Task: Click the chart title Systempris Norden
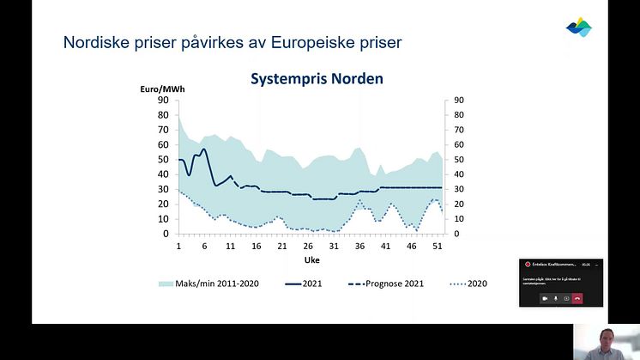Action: [317, 78]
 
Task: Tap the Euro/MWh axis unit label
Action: [163, 89]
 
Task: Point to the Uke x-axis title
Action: [311, 259]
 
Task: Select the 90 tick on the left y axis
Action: [162, 100]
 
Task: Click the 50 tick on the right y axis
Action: [459, 160]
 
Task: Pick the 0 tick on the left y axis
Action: [165, 234]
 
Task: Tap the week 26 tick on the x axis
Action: [307, 246]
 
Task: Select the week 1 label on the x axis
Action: [179, 246]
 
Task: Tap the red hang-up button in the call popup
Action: [577, 297]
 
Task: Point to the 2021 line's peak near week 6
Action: [203, 149]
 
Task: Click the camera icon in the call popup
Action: [545, 297]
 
